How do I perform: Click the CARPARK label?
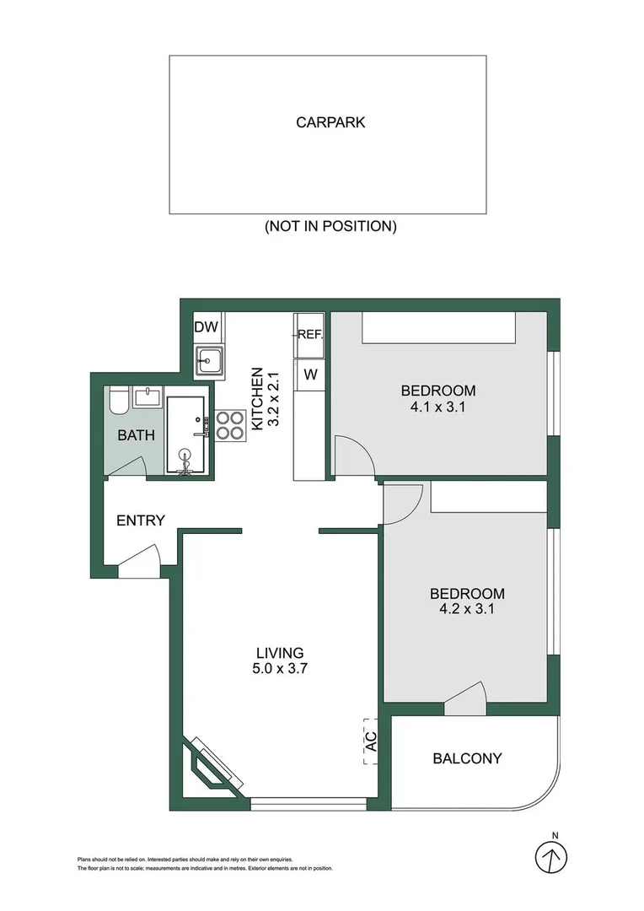coord(330,122)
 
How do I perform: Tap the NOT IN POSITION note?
coord(330,226)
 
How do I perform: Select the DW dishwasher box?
coord(207,327)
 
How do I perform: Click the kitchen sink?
coord(208,360)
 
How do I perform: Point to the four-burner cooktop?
coord(229,425)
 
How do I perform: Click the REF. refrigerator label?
coord(309,335)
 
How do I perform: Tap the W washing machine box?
coord(310,375)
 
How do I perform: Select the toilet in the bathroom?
coord(118,401)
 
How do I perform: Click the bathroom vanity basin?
coord(148,398)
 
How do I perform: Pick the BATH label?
coord(136,435)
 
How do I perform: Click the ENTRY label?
coord(141,520)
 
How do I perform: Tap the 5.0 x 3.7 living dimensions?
coord(280,669)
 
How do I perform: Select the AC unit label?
coord(371,741)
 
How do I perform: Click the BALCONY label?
coord(467,758)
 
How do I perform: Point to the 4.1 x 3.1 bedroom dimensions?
coord(437,407)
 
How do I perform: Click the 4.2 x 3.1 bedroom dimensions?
coord(467,609)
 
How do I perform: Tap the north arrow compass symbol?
coord(551,856)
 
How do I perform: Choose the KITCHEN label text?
coord(257,399)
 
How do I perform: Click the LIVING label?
coord(280,653)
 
